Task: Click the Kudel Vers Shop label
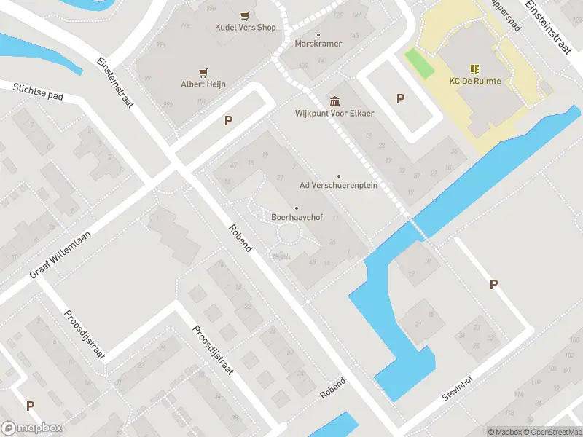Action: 246,27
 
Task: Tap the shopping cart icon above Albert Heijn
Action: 203,71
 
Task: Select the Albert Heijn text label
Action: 203,84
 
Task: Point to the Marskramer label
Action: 318,44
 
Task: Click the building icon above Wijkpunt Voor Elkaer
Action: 334,101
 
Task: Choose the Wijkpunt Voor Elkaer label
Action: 334,114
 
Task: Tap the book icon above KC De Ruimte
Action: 474,68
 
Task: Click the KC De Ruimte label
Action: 474,81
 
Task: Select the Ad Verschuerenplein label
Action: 339,185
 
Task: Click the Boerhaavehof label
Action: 296,217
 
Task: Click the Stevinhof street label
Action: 463,387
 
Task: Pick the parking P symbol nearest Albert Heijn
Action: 229,121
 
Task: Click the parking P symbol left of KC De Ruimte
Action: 399,98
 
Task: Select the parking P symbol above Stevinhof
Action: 494,285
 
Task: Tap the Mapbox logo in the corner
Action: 32,428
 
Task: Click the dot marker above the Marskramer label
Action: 318,34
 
